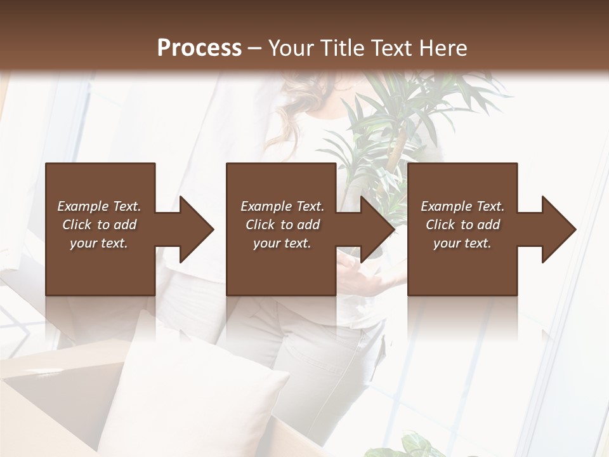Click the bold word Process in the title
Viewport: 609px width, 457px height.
click(x=199, y=48)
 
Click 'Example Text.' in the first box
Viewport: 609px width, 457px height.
click(x=99, y=206)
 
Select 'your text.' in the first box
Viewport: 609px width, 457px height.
click(x=99, y=243)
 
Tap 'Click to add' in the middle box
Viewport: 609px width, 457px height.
click(x=282, y=225)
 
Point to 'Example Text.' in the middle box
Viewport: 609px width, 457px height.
click(x=282, y=206)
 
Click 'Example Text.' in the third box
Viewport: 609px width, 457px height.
click(x=462, y=206)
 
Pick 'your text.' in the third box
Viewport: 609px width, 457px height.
click(x=462, y=243)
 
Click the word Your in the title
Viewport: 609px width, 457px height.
click(x=289, y=48)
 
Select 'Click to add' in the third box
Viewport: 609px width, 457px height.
click(x=462, y=225)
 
